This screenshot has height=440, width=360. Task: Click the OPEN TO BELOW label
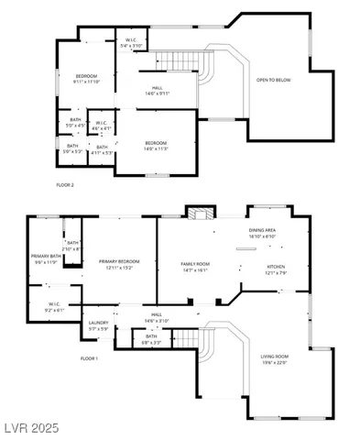[273, 80]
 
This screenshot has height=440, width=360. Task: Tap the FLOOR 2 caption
[65, 185]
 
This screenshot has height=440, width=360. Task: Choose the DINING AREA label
[262, 233]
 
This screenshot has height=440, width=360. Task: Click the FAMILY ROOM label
[196, 267]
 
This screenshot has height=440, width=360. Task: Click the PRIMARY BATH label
[45, 258]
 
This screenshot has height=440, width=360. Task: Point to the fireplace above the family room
[199, 214]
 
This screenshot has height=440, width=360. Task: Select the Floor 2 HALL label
[157, 91]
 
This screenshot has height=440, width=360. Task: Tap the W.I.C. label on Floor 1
[43, 307]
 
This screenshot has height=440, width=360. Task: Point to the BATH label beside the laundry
[151, 338]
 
